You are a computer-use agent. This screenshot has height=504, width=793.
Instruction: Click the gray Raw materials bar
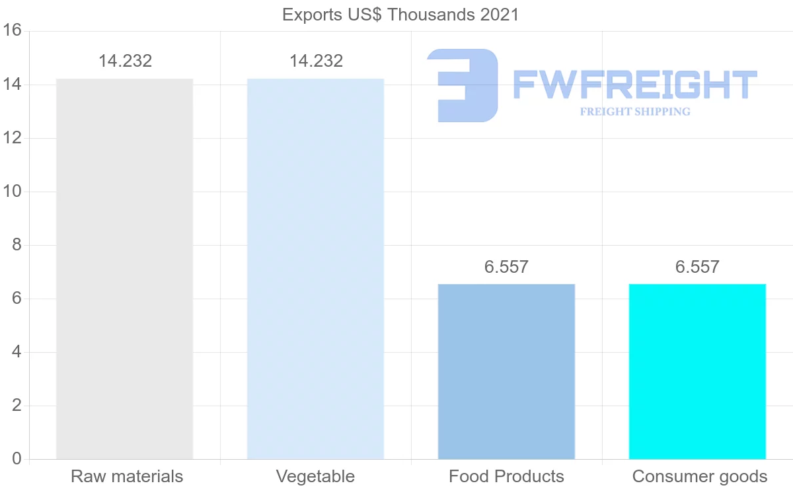pyautogui.click(x=124, y=269)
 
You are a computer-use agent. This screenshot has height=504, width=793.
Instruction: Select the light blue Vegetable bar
pyautogui.click(x=315, y=269)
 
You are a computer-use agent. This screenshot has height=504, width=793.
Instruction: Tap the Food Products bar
pyautogui.click(x=506, y=371)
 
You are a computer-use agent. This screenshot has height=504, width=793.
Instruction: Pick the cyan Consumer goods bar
pyautogui.click(x=697, y=371)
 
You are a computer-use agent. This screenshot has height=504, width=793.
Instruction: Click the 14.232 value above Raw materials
pyautogui.click(x=126, y=61)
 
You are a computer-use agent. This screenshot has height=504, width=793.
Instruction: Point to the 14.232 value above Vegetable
pyautogui.click(x=316, y=61)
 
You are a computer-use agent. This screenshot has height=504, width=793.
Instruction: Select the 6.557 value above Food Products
pyautogui.click(x=506, y=268)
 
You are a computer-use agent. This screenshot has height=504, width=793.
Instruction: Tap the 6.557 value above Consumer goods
pyautogui.click(x=697, y=268)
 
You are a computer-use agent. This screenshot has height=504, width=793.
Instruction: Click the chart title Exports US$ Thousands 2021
pyautogui.click(x=400, y=15)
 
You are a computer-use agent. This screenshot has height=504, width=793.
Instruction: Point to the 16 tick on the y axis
pyautogui.click(x=13, y=31)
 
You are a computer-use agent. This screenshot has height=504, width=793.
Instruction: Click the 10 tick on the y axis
pyautogui.click(x=13, y=192)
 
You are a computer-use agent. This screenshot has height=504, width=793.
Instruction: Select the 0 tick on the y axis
pyautogui.click(x=17, y=459)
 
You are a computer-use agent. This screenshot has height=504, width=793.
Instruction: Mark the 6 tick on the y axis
pyautogui.click(x=17, y=299)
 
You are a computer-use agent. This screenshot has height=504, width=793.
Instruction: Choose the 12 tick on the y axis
pyautogui.click(x=13, y=138)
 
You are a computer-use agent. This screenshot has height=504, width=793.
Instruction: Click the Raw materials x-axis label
pyautogui.click(x=127, y=476)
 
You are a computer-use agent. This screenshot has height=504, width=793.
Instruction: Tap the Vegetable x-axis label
pyautogui.click(x=315, y=476)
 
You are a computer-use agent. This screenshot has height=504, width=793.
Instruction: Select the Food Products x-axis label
pyautogui.click(x=506, y=476)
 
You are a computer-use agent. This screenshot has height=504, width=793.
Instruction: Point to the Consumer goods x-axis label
pyautogui.click(x=700, y=476)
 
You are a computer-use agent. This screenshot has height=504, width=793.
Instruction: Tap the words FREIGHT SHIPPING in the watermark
pyautogui.click(x=635, y=112)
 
